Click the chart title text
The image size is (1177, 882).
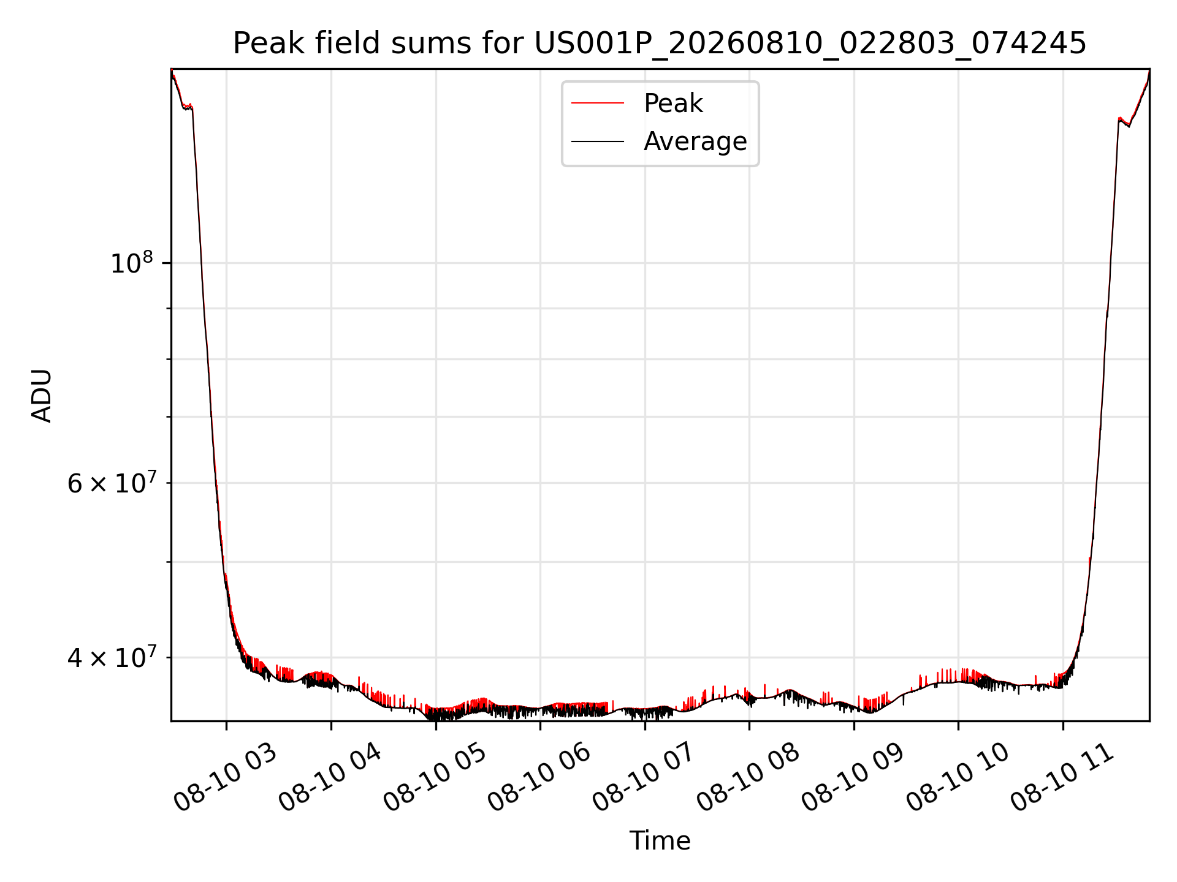[660, 43]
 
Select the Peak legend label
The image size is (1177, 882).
[673, 104]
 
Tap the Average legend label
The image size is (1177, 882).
[695, 141]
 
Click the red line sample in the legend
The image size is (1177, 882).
[598, 104]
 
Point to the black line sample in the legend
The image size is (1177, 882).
[598, 141]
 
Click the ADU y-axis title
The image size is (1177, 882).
[42, 395]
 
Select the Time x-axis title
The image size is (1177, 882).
[660, 841]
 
